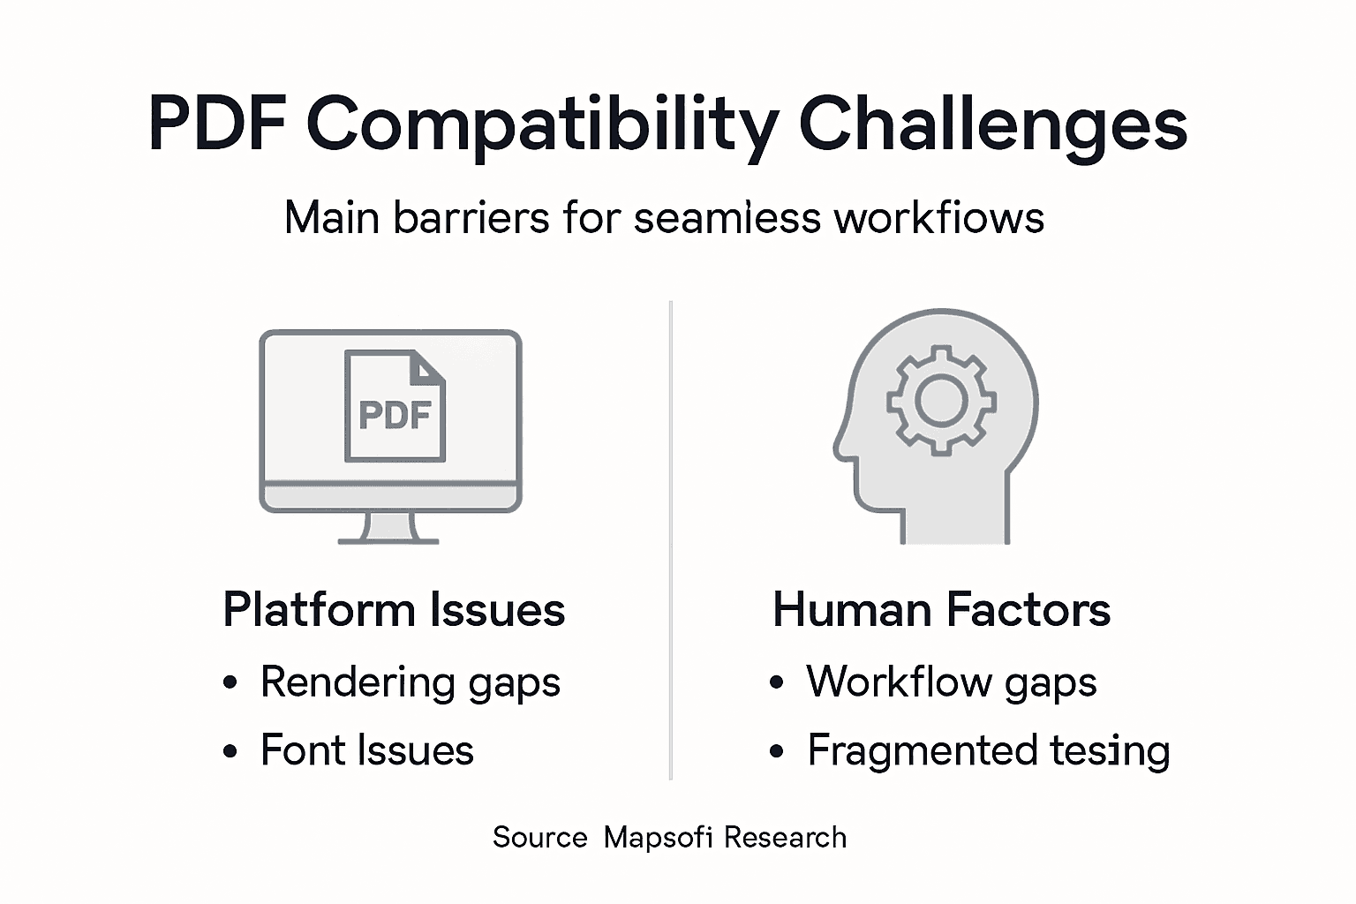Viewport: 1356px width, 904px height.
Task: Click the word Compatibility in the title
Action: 542,125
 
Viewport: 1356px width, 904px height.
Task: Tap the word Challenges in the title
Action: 992,125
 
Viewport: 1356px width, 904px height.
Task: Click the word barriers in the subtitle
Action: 471,217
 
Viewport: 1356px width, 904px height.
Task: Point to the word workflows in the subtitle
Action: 939,217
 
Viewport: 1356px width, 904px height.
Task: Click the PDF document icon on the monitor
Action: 395,407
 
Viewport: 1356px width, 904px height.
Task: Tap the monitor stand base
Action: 389,539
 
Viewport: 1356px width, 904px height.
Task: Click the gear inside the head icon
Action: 941,400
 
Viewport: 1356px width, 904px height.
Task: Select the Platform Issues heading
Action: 394,610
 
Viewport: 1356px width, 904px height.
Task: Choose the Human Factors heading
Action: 941,610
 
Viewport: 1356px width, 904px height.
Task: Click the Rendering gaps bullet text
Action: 410,682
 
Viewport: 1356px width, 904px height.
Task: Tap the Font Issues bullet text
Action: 366,750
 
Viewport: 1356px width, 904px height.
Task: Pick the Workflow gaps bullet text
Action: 951,682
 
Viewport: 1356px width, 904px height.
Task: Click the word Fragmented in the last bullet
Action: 922,751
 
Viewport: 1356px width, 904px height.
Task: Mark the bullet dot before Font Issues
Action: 230,752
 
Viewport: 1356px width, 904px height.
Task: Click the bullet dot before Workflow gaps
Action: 776,682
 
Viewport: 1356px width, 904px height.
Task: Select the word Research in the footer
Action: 785,837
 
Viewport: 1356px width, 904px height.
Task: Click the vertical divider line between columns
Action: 671,539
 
